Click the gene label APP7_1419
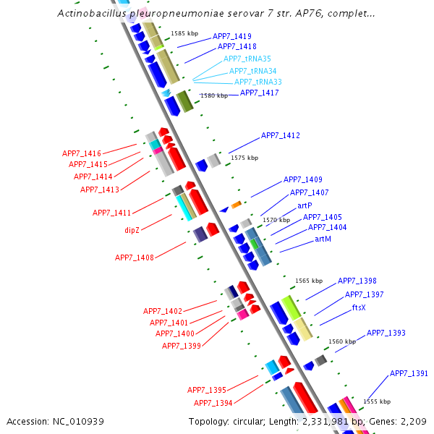click(232, 36)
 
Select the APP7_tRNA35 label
click(247, 59)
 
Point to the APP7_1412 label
click(281, 135)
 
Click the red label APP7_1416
click(82, 153)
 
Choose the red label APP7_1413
click(100, 190)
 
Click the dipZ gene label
click(132, 230)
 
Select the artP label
click(305, 205)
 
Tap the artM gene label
click(323, 239)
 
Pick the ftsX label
click(359, 307)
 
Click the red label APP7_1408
click(135, 258)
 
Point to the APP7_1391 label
click(409, 373)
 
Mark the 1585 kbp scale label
click(184, 33)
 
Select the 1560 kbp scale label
click(342, 341)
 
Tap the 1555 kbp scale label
click(377, 401)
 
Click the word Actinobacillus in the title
click(90, 14)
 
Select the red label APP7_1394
click(213, 403)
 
